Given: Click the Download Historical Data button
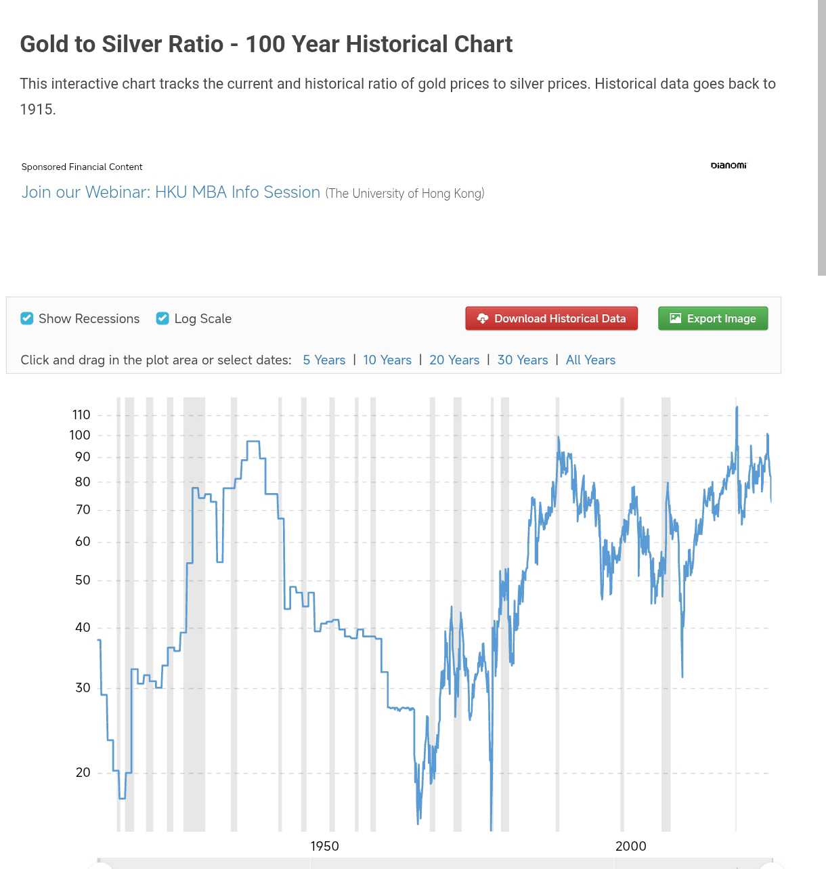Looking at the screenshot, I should [x=551, y=318].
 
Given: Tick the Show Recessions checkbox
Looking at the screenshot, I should [x=27, y=318].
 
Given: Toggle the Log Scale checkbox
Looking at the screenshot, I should [x=162, y=318].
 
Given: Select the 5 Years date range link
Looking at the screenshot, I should [x=324, y=360].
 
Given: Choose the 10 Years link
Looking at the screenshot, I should [x=387, y=360].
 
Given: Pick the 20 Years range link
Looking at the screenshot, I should [x=454, y=360].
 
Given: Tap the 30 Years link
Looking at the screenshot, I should [x=522, y=360].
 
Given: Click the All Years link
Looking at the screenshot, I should [x=590, y=360].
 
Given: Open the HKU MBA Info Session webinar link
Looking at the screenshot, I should [x=171, y=192].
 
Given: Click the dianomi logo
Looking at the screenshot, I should [x=729, y=165].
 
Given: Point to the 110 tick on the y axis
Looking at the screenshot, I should [x=81, y=415].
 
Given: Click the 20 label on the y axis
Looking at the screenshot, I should [x=83, y=772].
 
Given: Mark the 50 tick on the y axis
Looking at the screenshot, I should [x=83, y=580].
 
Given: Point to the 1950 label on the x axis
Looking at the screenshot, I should [x=324, y=846].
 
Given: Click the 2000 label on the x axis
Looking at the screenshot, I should [x=630, y=846].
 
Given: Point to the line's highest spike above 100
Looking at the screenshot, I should [x=737, y=407].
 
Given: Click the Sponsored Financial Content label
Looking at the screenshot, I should [x=82, y=167].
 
